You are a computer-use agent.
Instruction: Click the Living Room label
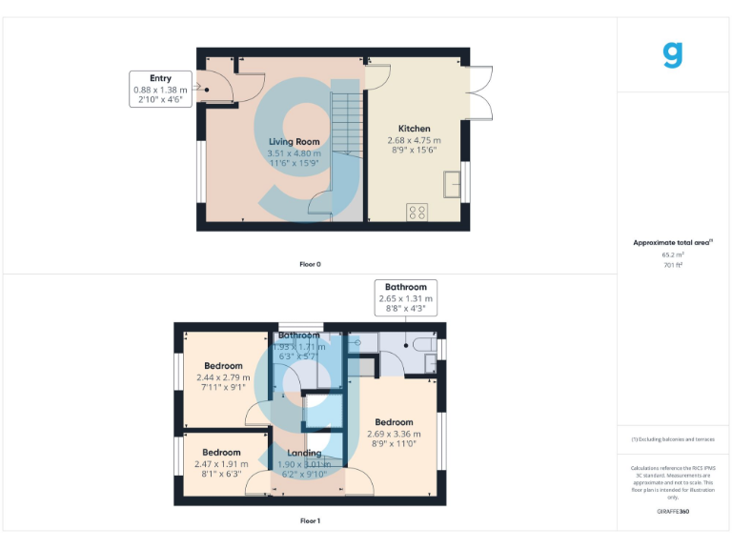294,141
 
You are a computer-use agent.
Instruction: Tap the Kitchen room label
414,129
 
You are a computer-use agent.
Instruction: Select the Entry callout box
160,89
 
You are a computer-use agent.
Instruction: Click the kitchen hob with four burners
417,212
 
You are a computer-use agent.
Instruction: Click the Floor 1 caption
311,521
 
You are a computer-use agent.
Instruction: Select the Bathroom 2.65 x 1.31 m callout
406,297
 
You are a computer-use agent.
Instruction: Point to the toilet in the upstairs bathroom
419,347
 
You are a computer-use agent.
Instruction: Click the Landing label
305,453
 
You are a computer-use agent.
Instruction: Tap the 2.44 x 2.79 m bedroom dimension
223,377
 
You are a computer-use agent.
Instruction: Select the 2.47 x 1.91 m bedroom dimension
221,463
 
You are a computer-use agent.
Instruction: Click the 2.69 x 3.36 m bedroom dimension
394,434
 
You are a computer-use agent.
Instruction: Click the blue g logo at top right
673,54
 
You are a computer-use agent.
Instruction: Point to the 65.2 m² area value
673,254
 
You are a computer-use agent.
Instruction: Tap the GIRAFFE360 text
673,512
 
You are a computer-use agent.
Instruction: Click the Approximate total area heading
673,243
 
